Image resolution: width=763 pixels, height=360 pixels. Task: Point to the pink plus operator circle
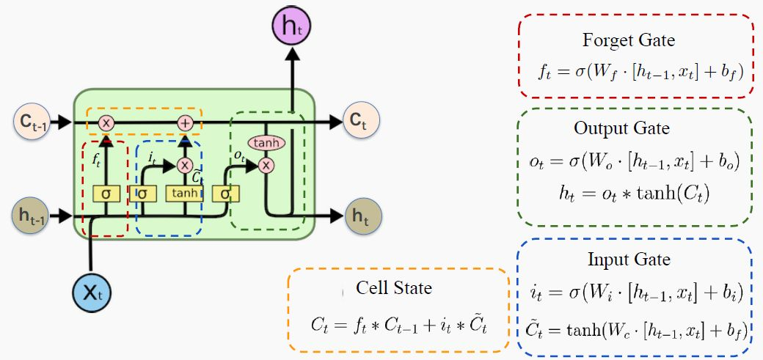tap(185, 122)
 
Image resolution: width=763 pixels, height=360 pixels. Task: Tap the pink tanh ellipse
tap(266, 143)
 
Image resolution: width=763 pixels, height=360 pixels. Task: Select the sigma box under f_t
tap(106, 193)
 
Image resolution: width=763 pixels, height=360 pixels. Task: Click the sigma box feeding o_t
tap(225, 193)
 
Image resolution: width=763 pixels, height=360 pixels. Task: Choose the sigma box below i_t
tap(142, 193)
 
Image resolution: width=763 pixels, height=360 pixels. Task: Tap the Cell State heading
tap(394, 287)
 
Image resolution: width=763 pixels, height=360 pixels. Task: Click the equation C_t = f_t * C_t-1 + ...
tap(398, 323)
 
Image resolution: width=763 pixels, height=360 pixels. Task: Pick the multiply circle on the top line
tap(106, 122)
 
